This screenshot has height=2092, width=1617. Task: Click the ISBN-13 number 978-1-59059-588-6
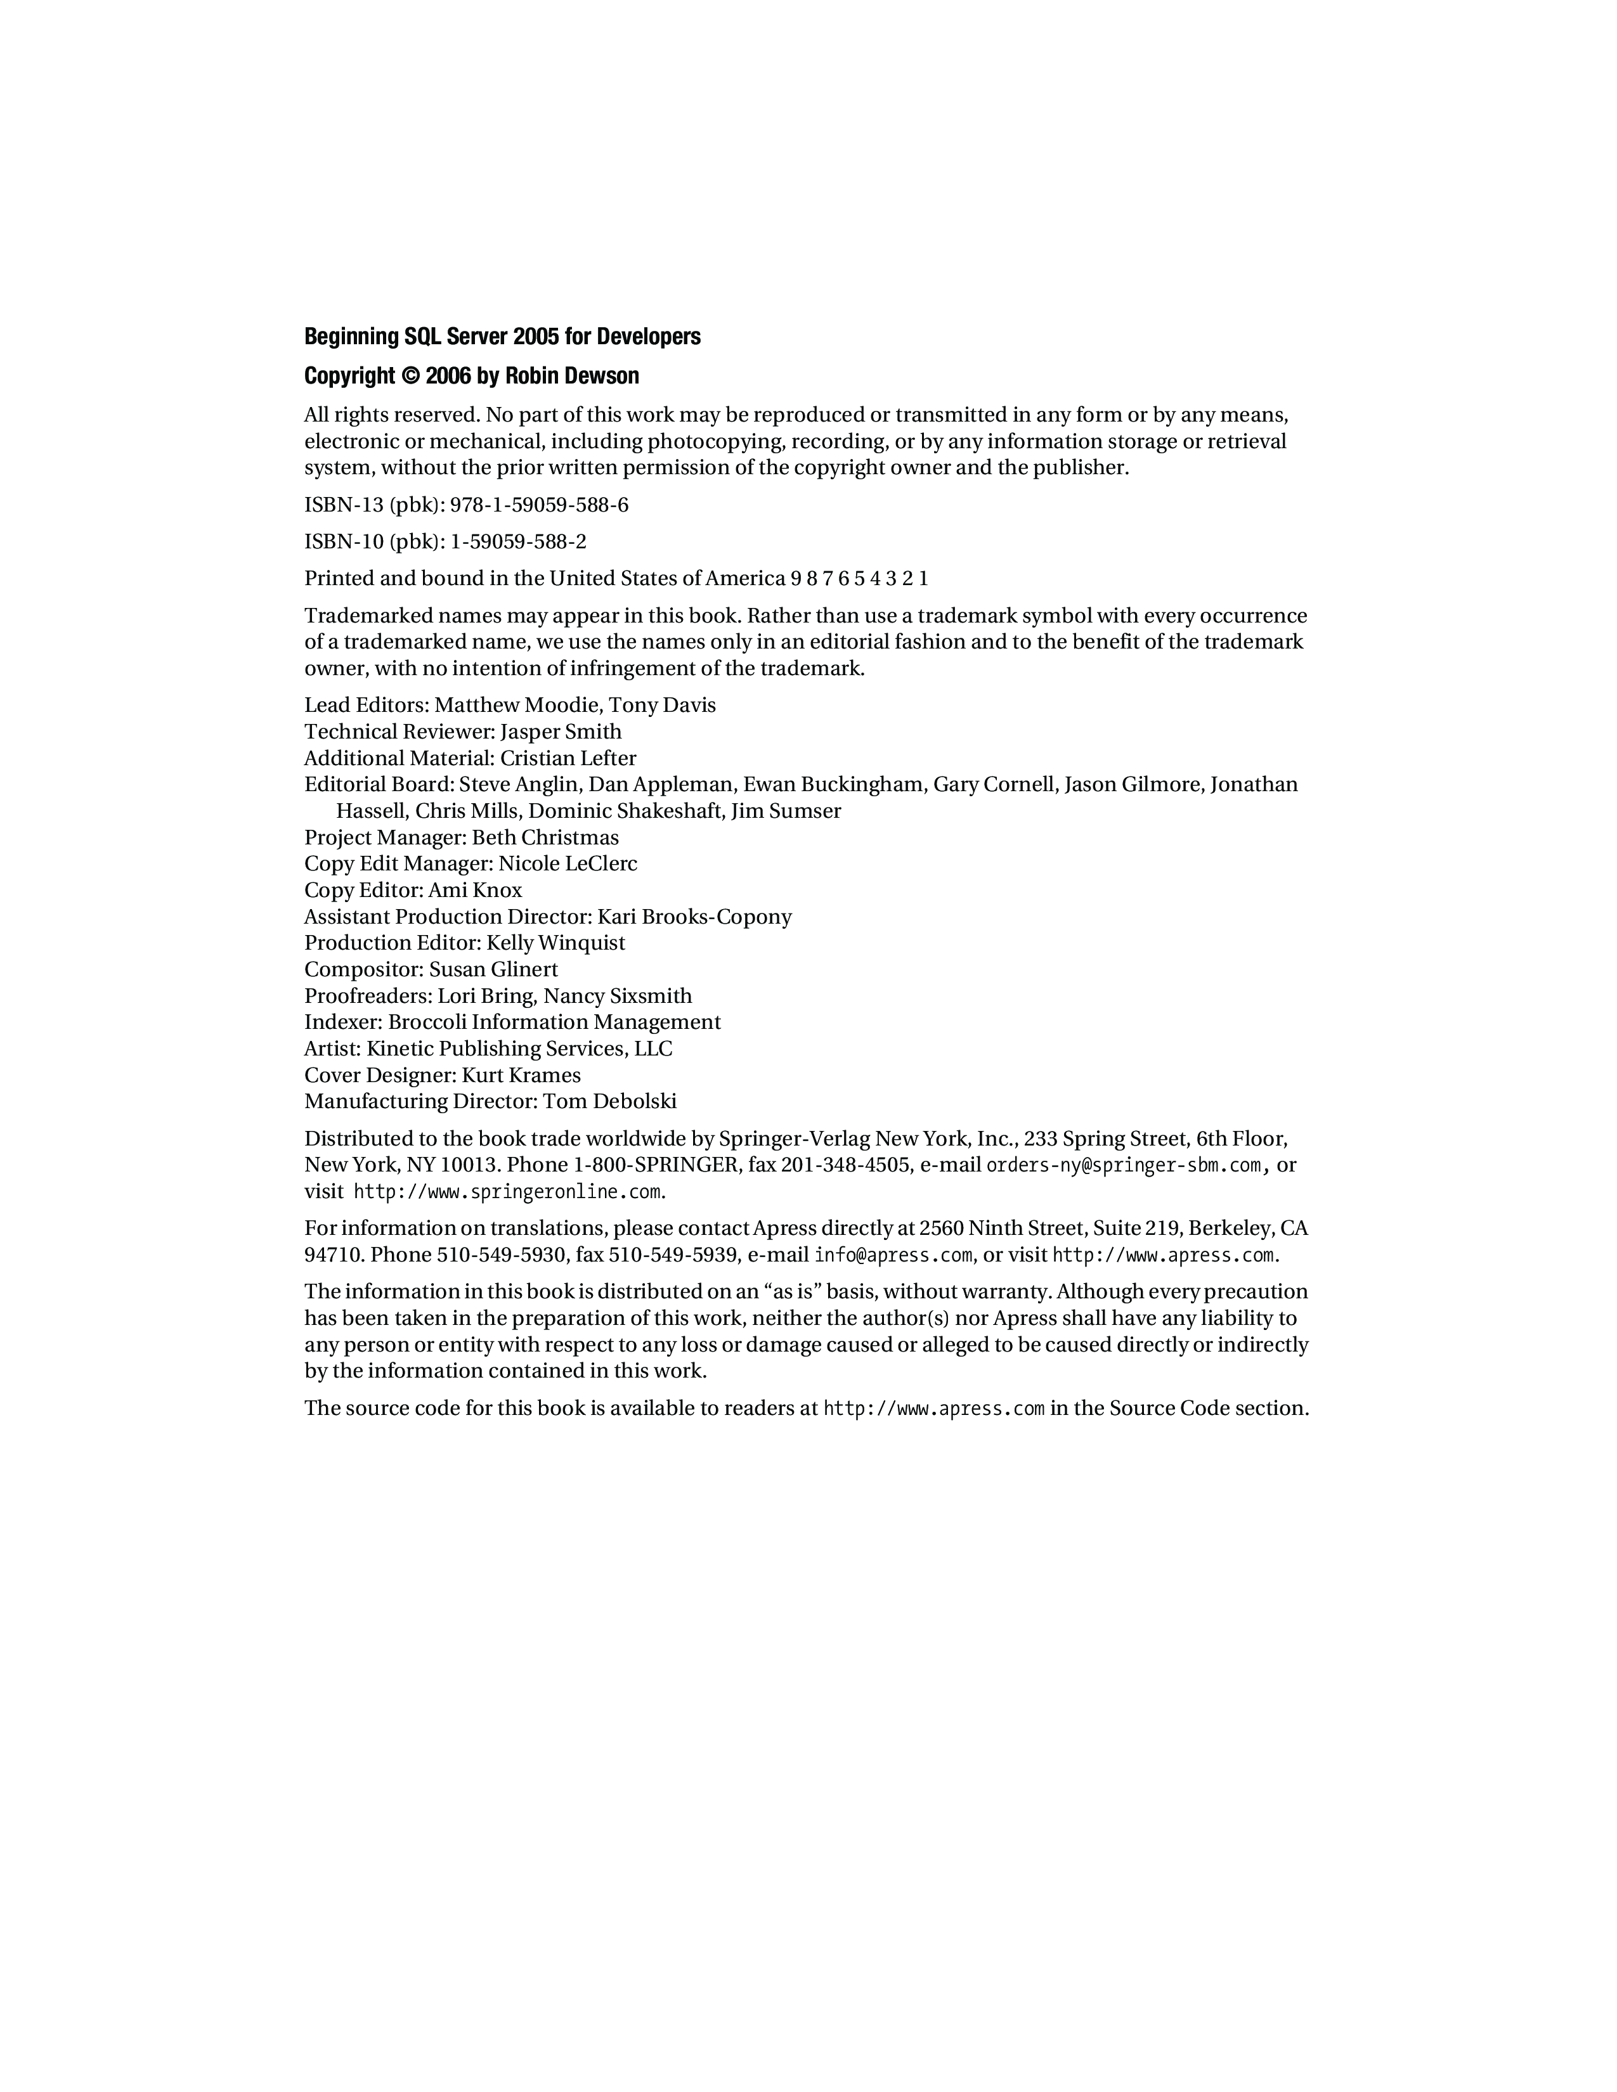click(x=540, y=505)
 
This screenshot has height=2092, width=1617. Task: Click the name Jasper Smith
click(x=561, y=732)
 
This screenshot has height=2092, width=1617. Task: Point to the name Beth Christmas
click(x=545, y=838)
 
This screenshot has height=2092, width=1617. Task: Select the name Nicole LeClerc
click(x=568, y=864)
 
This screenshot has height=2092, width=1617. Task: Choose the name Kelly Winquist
click(x=555, y=943)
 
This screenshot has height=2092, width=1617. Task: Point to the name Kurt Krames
click(x=521, y=1076)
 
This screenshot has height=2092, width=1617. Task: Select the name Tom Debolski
click(x=610, y=1102)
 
